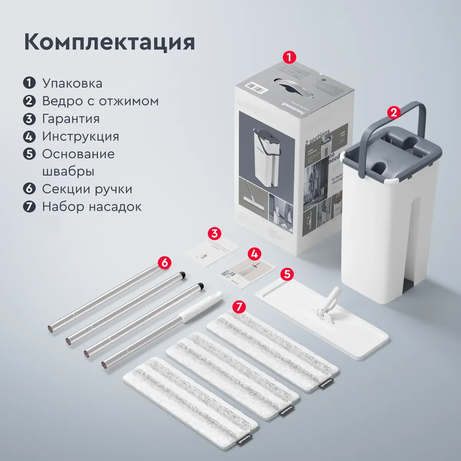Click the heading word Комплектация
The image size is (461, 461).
109,42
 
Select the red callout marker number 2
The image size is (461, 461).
393,113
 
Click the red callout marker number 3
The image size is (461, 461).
214,233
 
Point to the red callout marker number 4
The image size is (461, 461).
254,254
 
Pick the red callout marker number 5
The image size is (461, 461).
287,274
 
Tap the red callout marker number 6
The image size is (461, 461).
164,263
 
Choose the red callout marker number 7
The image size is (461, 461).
239,306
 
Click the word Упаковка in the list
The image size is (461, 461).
72,83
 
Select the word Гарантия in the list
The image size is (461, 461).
71,119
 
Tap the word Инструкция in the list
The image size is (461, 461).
81,136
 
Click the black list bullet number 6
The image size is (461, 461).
29,189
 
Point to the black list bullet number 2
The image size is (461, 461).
29,101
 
